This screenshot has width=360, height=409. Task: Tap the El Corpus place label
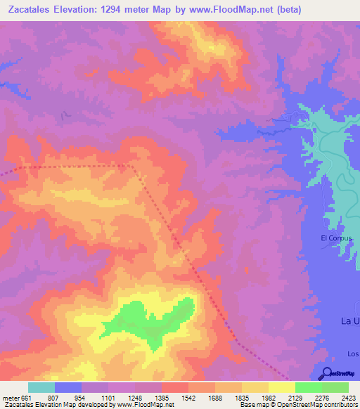click(335, 238)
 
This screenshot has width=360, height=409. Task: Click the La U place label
click(349, 321)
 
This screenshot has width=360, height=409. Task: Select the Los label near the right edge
click(352, 353)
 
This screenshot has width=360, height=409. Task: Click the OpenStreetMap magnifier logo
click(326, 374)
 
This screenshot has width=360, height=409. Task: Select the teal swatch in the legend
click(41, 387)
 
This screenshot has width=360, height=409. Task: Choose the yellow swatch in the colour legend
click(281, 387)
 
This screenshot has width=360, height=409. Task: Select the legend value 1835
click(241, 397)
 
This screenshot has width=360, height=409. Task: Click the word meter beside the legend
click(11, 397)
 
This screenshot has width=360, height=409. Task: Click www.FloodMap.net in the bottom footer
click(146, 405)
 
